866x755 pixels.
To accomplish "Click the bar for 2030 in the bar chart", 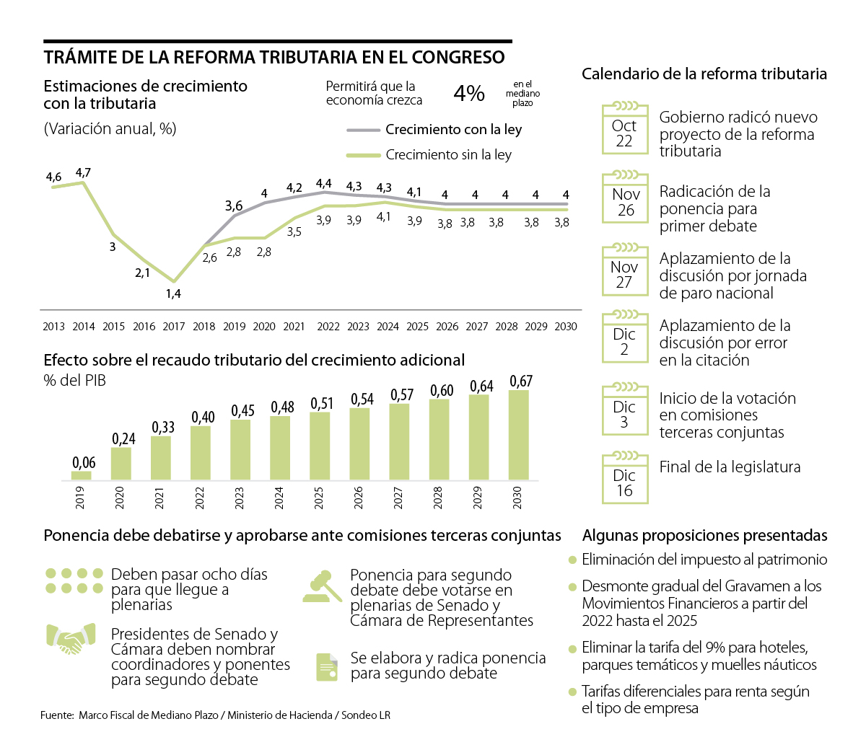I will click(518, 436).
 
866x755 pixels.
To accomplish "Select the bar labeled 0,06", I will click(82, 475).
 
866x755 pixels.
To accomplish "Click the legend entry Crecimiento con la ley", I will click(453, 130).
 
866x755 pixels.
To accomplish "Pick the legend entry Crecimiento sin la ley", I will click(448, 155).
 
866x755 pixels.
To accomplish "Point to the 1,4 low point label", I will click(173, 293).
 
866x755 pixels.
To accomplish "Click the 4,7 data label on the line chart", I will click(83, 173).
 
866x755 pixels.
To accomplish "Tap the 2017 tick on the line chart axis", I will click(174, 327).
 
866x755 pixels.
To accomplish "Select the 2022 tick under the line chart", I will click(328, 327).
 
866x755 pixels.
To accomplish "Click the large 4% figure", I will click(469, 93).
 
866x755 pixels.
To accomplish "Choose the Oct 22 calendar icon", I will click(624, 129).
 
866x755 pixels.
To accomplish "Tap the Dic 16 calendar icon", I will click(624, 479).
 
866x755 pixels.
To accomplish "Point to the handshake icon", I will click(71, 639).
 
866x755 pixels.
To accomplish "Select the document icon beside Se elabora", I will click(327, 667).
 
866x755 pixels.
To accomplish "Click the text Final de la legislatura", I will click(730, 467).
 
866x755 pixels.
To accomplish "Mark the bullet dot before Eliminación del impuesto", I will click(573, 560).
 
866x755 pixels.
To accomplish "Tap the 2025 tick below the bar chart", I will click(319, 498).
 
